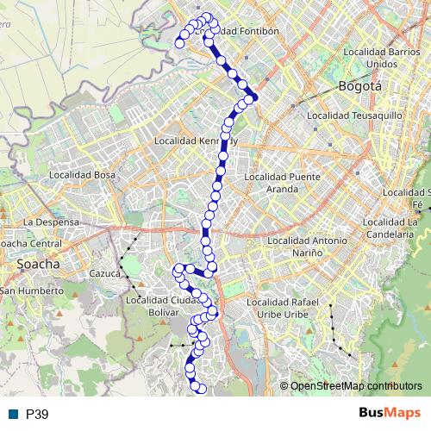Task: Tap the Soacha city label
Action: click(37, 265)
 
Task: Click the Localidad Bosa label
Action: click(82, 174)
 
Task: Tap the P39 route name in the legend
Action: click(37, 415)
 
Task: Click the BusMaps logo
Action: click(390, 414)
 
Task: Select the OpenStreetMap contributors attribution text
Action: click(356, 385)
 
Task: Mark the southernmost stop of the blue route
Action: click(202, 389)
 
